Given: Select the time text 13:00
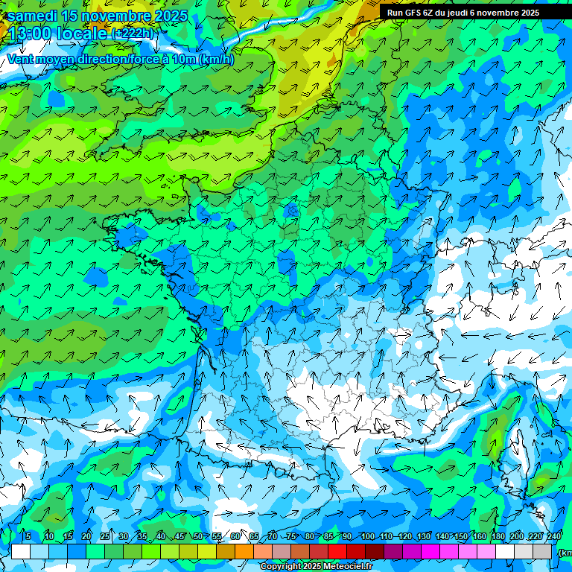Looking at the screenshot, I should pyautogui.click(x=29, y=34).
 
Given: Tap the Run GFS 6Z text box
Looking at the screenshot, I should pyautogui.click(x=463, y=13).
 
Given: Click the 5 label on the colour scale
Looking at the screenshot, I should pyautogui.click(x=28, y=537).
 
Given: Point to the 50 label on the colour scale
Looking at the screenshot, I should pyautogui.click(x=197, y=537).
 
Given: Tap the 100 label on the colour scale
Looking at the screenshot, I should pyautogui.click(x=367, y=537).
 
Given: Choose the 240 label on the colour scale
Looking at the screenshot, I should pyautogui.click(x=553, y=537).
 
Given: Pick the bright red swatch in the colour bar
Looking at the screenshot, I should pyautogui.click(x=337, y=552).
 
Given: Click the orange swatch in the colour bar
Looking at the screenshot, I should pyautogui.click(x=226, y=552).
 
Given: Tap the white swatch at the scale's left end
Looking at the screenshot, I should pyautogui.click(x=21, y=552).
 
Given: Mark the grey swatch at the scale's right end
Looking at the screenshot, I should pyautogui.click(x=542, y=552).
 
